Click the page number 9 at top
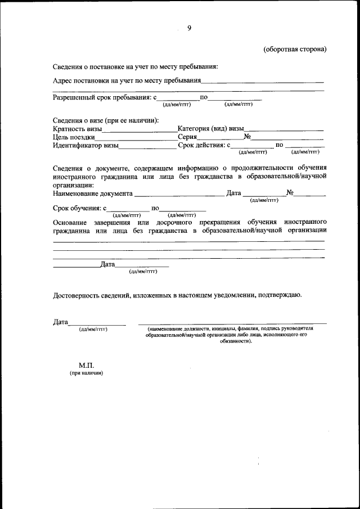pyautogui.click(x=189, y=28)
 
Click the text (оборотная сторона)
pyautogui.click(x=295, y=49)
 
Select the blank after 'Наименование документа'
pyautogui.click(x=178, y=195)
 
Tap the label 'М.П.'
pyautogui.click(x=86, y=365)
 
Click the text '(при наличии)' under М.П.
pyautogui.click(x=86, y=373)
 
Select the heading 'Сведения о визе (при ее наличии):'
pyautogui.click(x=106, y=120)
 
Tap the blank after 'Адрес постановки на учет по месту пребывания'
pyautogui.click(x=262, y=82)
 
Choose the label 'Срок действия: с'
pyautogui.click(x=204, y=146)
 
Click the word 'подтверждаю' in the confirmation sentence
pyautogui.click(x=280, y=295)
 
